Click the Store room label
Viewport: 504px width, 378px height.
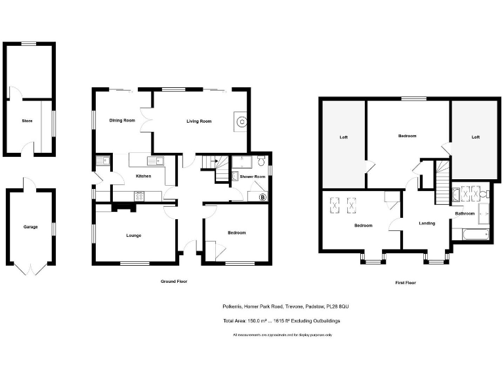(27, 121)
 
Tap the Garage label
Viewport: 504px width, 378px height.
(30, 227)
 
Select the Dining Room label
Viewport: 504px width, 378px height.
(121, 121)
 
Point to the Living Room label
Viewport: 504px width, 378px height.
(199, 121)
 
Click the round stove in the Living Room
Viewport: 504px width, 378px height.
(241, 121)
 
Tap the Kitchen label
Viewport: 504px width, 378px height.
(143, 177)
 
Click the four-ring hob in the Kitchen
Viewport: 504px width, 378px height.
(140, 195)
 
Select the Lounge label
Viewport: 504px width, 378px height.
(133, 235)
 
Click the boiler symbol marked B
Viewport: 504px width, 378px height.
(262, 196)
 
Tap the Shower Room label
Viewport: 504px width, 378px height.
(252, 177)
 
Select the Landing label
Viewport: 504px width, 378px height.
(427, 224)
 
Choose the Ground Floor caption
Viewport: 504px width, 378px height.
(174, 282)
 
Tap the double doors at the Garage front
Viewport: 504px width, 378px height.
(30, 268)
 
